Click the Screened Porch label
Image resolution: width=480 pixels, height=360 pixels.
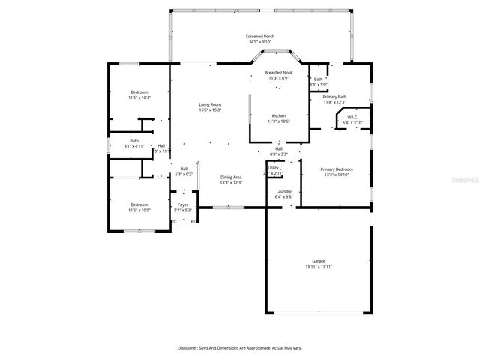pyautogui.click(x=260, y=36)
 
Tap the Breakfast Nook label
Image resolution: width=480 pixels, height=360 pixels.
pyautogui.click(x=278, y=73)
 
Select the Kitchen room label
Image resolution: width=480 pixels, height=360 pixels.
pyautogui.click(x=278, y=115)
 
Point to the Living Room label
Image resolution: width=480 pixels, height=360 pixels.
pyautogui.click(x=210, y=104)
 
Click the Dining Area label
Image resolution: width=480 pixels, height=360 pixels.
pyautogui.click(x=230, y=177)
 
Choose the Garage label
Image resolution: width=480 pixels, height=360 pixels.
pyautogui.click(x=319, y=260)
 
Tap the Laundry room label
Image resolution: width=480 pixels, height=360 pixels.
pyautogui.click(x=283, y=191)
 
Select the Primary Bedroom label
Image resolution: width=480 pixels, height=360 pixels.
pyautogui.click(x=337, y=169)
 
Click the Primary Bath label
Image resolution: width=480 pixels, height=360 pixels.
pyautogui.click(x=334, y=97)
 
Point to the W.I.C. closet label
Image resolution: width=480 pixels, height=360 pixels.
pyautogui.click(x=352, y=117)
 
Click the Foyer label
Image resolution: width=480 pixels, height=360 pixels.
pyautogui.click(x=183, y=205)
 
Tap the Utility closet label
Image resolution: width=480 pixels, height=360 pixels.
pyautogui.click(x=274, y=167)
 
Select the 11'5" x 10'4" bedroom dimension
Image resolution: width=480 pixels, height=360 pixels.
pyautogui.click(x=139, y=97)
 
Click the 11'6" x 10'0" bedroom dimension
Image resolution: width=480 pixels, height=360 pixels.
pyautogui.click(x=139, y=211)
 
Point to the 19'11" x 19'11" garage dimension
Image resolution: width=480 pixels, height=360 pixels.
pyautogui.click(x=319, y=266)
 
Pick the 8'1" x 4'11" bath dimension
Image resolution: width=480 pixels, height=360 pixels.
pyautogui.click(x=134, y=146)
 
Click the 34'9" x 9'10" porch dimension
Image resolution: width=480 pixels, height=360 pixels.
pyautogui.click(x=260, y=42)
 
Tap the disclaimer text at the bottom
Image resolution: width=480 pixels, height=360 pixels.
pyautogui.click(x=240, y=348)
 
